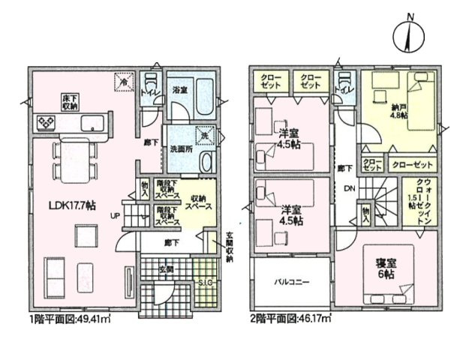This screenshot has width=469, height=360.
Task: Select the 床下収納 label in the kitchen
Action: coord(69,101)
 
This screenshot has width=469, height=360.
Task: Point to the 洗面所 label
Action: coord(182,148)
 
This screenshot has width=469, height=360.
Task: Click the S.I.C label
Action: coord(203,282)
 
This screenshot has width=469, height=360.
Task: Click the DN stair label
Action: coord(349,188)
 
